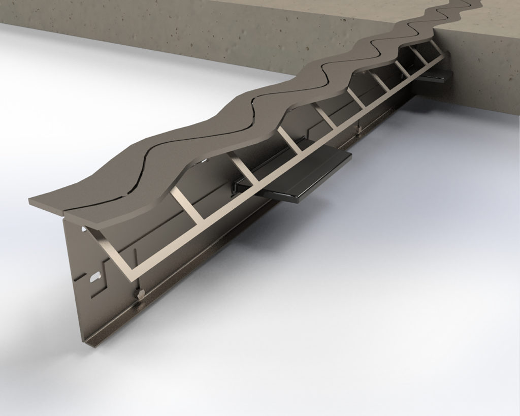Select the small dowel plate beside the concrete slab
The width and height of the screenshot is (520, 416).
tap(438, 76)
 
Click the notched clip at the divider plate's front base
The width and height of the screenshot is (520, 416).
tap(138, 294)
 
